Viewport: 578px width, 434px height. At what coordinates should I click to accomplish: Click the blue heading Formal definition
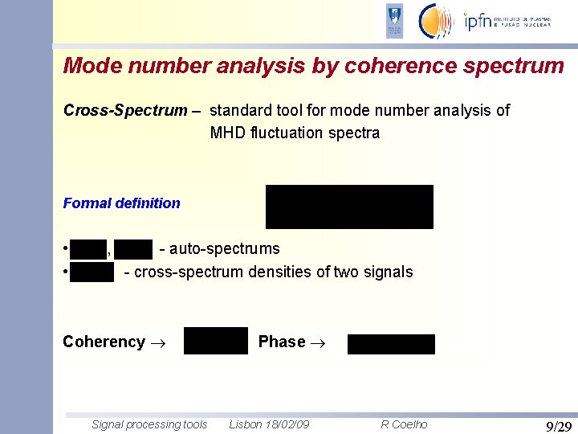coord(121,203)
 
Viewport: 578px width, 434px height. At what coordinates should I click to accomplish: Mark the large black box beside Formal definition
coord(349,207)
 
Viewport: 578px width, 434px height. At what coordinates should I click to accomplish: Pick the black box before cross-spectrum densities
coord(92,272)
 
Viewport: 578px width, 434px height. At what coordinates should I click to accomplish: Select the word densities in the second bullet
coord(280,272)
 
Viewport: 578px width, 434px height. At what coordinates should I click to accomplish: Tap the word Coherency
coord(104,342)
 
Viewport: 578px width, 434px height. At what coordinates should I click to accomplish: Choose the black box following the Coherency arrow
coord(215,341)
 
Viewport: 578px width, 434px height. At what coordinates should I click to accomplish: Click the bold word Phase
coord(282,342)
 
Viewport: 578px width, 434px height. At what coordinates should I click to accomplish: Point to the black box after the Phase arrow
coord(391,344)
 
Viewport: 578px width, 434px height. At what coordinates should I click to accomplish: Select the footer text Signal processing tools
coord(149,424)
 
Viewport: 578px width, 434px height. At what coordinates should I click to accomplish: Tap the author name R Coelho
coord(404,424)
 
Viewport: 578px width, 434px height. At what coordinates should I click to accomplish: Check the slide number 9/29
coord(558,426)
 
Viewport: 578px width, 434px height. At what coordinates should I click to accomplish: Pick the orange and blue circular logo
coord(437,21)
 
